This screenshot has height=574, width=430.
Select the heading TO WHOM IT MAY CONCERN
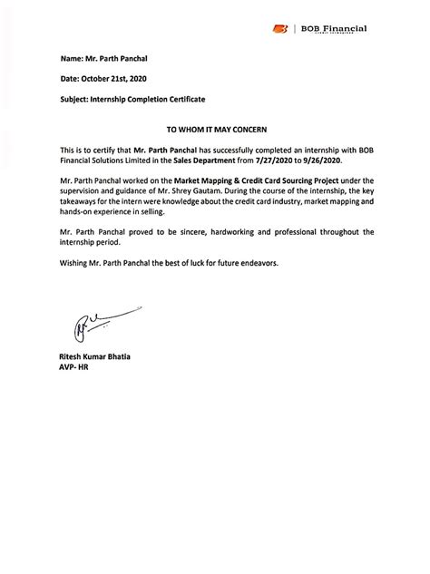(215, 131)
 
